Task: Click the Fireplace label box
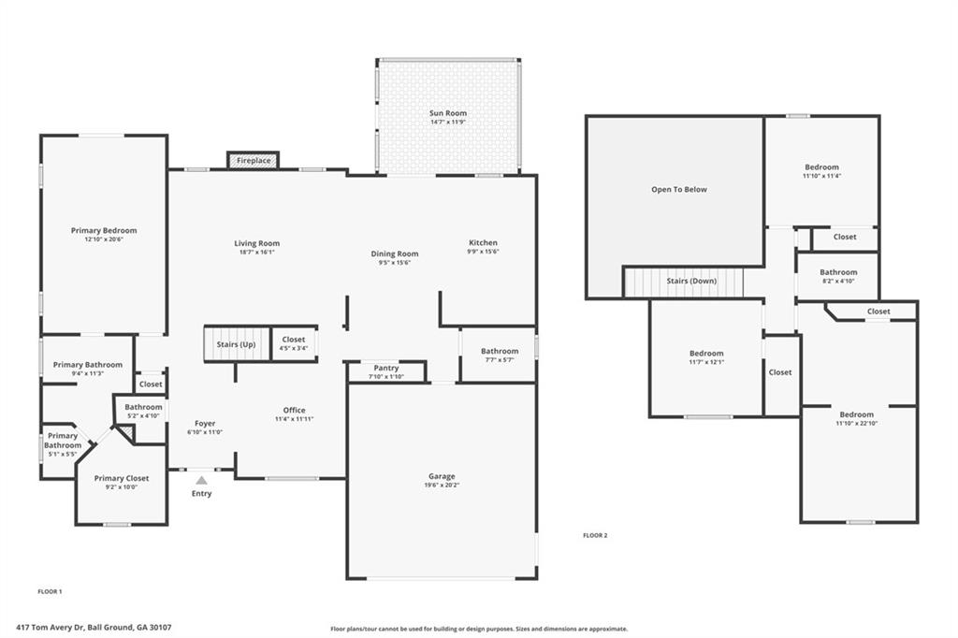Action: [254, 161]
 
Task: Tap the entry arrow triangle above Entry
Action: [201, 481]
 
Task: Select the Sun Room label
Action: [448, 113]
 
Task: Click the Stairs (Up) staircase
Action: [236, 344]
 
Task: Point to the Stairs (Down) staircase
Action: [683, 281]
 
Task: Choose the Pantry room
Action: [386, 371]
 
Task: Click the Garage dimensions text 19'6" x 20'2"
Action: [442, 485]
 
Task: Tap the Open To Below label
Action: [679, 190]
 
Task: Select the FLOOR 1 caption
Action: [50, 591]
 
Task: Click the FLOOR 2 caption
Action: [595, 535]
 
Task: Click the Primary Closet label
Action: [122, 478]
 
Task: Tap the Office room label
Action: [294, 410]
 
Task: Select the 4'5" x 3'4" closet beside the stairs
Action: [294, 343]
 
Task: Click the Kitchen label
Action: [483, 243]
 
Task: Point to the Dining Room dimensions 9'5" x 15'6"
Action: [394, 263]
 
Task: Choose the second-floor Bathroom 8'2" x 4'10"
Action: [838, 276]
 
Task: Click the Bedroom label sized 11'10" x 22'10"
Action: [856, 414]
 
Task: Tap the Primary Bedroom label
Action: [104, 230]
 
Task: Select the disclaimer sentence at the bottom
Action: [479, 629]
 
